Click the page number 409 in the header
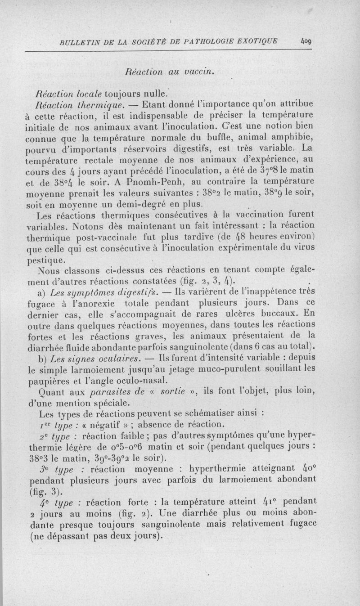(307, 42)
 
